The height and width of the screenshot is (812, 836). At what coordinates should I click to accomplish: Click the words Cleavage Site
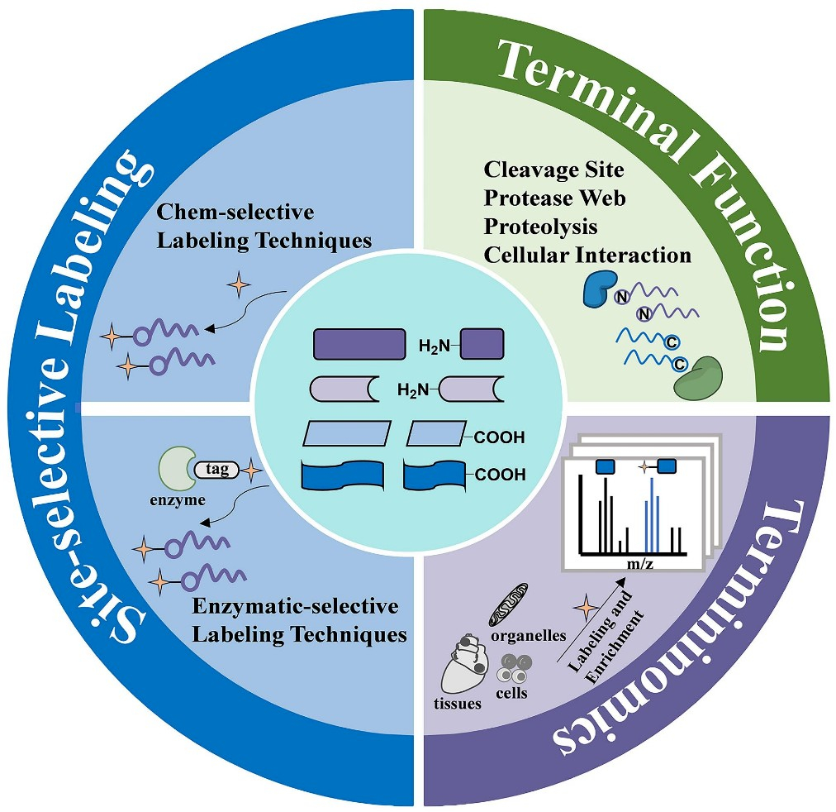point(553,170)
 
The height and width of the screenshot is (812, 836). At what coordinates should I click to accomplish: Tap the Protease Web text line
point(554,198)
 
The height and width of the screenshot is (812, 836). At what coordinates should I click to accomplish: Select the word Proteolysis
point(540,227)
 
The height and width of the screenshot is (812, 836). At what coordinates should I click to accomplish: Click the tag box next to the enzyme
point(216,469)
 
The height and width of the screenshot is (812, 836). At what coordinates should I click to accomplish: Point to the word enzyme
point(178,500)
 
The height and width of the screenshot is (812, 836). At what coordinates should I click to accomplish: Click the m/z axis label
point(639,563)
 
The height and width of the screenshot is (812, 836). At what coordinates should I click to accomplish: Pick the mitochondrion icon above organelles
point(508,604)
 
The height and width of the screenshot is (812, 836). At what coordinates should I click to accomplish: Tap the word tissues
point(458,703)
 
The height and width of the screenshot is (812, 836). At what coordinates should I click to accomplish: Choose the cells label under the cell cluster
point(511,693)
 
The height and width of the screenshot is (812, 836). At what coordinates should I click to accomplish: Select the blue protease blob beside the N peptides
point(599,289)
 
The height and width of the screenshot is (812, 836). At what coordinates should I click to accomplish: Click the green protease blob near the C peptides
point(698,378)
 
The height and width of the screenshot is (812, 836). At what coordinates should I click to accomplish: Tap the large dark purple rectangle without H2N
point(359,344)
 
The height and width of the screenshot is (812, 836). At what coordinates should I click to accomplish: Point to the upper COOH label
point(499,437)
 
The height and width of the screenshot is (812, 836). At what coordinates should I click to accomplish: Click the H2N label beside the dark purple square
point(435,346)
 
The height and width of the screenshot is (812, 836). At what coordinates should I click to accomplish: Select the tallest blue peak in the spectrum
point(652,515)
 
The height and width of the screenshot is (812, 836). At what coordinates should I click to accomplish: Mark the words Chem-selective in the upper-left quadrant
point(235,212)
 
